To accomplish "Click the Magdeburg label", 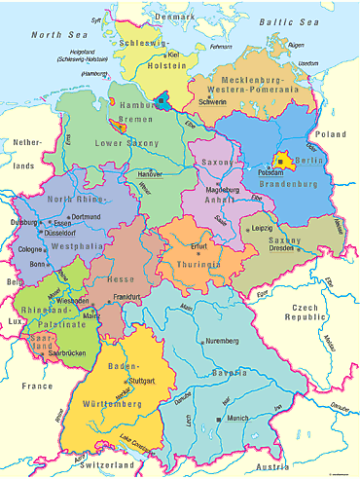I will (224, 190).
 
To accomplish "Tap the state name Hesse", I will (122, 279).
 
